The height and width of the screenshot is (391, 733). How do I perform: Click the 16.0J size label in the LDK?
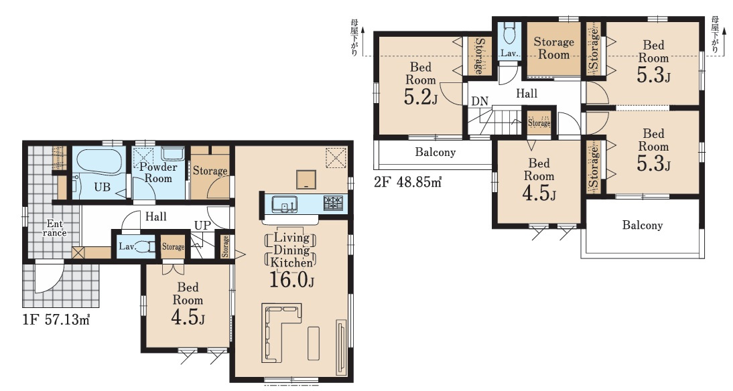point(291,279)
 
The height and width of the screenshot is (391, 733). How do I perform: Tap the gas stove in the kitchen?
point(333,202)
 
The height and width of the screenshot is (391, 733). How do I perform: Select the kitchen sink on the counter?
point(283,204)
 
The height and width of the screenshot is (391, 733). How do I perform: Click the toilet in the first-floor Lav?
point(145,246)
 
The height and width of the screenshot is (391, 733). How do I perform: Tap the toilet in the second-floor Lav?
point(509,33)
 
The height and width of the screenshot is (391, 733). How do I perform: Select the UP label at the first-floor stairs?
point(202,226)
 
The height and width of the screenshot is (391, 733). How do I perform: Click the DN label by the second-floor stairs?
point(480,101)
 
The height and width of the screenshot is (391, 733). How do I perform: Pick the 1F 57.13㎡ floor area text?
point(56,320)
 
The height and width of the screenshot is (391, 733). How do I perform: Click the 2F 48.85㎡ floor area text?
point(407,181)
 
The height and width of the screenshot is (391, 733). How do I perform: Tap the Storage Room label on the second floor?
point(554,48)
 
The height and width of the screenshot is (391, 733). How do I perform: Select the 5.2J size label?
point(420,96)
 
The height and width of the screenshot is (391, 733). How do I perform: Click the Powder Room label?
point(159,172)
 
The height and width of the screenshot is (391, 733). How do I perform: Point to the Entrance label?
point(55,228)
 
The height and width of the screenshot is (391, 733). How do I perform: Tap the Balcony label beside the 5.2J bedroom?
point(436,152)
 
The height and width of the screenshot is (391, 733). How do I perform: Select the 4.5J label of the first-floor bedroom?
point(188,317)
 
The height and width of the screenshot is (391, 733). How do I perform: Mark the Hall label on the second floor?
point(527,94)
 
